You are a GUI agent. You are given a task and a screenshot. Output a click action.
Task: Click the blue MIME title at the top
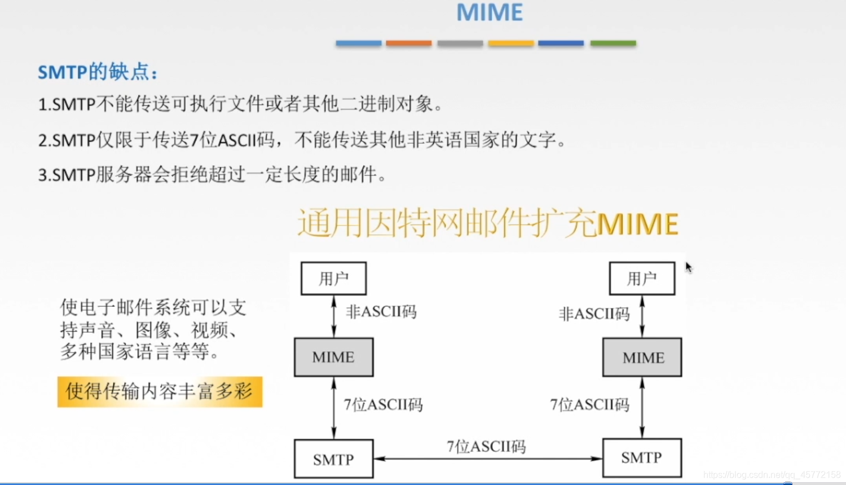click(490, 12)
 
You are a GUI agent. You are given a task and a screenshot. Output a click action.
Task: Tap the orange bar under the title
click(409, 43)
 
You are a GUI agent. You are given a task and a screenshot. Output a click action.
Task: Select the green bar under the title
click(613, 43)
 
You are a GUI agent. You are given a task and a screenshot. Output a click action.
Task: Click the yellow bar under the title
click(511, 43)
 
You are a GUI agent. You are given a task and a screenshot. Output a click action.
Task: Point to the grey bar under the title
click(460, 43)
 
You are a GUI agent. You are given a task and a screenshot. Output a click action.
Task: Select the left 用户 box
click(333, 279)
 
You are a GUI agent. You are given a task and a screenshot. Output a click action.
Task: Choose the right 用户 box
click(642, 279)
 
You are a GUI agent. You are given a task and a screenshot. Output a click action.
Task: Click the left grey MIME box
click(333, 357)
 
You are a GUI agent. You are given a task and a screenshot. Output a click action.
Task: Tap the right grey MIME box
click(642, 357)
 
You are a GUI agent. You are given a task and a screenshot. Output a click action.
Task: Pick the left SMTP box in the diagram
click(333, 459)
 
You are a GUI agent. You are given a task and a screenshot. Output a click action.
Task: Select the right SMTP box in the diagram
click(642, 458)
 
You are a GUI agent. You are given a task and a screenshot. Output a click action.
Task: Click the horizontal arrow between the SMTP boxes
click(488, 459)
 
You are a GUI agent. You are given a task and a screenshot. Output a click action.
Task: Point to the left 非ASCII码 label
click(381, 312)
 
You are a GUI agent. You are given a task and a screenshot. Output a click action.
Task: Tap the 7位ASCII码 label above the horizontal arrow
click(486, 447)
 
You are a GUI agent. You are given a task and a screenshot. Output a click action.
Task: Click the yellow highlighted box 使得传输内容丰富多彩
click(160, 391)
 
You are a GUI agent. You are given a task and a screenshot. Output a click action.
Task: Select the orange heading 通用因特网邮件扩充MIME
click(488, 223)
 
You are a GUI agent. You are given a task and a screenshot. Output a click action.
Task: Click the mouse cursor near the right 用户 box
click(689, 267)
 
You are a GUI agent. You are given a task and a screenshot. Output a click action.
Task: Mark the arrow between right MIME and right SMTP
click(642, 407)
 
